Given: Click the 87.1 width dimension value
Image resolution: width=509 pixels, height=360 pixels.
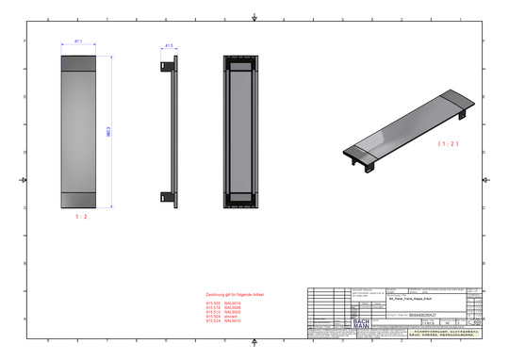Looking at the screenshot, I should (78, 41).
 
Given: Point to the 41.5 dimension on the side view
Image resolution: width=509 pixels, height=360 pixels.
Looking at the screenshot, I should (169, 44).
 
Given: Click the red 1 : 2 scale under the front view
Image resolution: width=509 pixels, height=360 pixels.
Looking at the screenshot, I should (80, 217).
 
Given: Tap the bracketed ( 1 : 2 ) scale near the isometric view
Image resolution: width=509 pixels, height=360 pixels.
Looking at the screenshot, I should (448, 144).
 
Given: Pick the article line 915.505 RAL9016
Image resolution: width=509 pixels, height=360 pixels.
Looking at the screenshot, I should (223, 303).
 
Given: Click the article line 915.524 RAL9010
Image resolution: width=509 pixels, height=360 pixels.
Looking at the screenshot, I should (223, 321).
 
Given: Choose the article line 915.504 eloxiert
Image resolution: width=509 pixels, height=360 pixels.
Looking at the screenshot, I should (222, 317).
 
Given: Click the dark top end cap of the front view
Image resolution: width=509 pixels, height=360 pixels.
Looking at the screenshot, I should (78, 64).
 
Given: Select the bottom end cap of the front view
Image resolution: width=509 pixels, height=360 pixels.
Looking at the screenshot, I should (78, 199).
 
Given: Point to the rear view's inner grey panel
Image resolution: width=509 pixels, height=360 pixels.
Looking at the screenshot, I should (241, 131).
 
